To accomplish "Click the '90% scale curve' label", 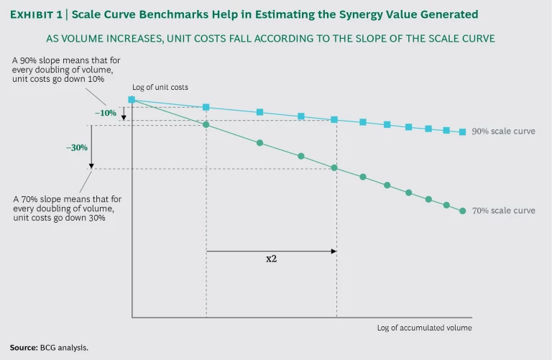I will coord(503,131).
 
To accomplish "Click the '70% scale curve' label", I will coord(503,211).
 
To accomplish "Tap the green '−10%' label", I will coord(106,114).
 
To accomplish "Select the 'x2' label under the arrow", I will coord(271,259).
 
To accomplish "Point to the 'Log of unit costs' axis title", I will coord(160,88).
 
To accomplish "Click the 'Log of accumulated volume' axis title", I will coord(424,328).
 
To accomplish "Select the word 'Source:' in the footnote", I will coord(24,347).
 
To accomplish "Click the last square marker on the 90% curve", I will coord(462,132).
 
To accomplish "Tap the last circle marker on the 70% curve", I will coord(462,211).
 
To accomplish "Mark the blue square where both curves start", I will coord(132,100).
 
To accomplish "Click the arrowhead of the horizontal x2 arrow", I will coord(334,251).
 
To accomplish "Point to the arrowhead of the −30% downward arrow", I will coord(91,166).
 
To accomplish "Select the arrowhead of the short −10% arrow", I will coord(124,117).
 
